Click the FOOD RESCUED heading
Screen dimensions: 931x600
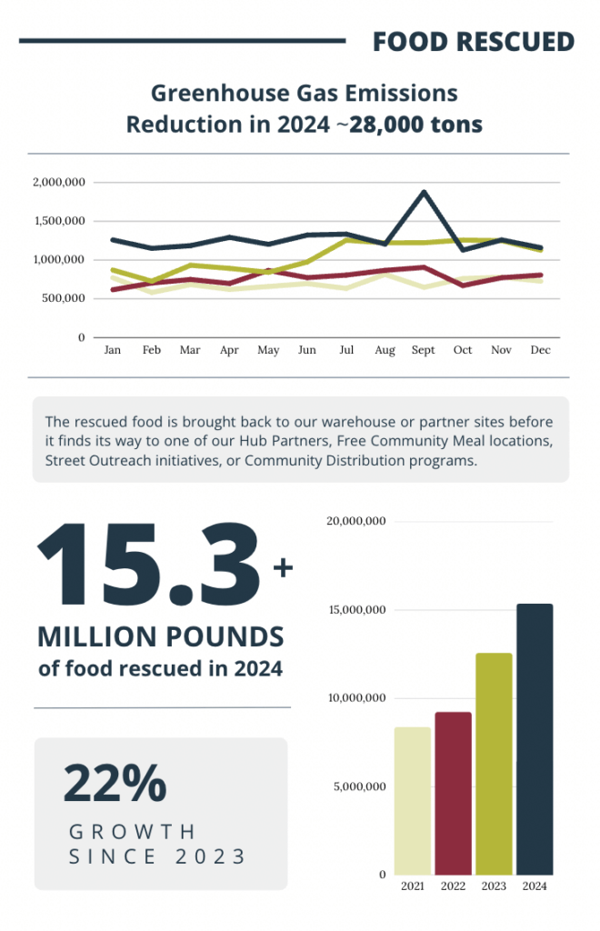(x=474, y=41)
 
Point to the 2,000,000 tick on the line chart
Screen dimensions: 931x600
(x=59, y=183)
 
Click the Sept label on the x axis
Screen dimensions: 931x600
(x=424, y=350)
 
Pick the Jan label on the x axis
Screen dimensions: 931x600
(x=113, y=350)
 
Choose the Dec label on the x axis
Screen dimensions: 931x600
(x=541, y=350)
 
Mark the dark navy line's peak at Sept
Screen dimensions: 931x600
(x=424, y=193)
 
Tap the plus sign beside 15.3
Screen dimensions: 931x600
(x=283, y=568)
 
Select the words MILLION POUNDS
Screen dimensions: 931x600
(x=161, y=636)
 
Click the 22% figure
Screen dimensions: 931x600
(x=115, y=783)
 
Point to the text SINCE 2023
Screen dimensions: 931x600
(x=157, y=856)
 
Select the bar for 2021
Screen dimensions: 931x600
(x=413, y=800)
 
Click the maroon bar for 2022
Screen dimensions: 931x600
(x=453, y=793)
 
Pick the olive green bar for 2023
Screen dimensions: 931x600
(x=494, y=764)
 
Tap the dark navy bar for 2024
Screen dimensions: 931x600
(x=535, y=738)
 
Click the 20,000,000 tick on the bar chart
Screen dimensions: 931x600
(x=356, y=521)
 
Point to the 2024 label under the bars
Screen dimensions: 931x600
(x=535, y=886)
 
